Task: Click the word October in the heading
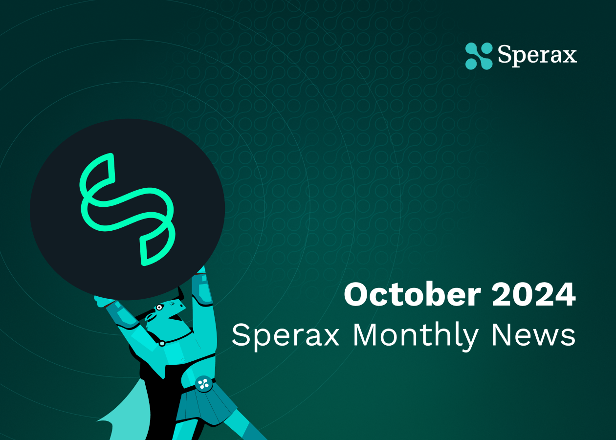412,294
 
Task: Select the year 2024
533,294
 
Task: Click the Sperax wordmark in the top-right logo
537,55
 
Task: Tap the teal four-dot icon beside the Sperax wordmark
479,56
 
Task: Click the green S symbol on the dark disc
127,210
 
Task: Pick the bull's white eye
159,308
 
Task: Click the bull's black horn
181,293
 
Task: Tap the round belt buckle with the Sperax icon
204,383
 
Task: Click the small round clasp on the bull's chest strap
162,344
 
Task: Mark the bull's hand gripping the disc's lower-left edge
103,301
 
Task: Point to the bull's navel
183,359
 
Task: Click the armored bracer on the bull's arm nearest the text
203,291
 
